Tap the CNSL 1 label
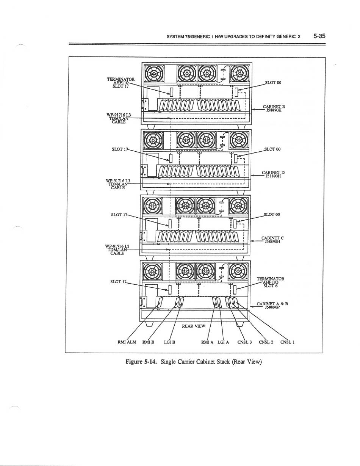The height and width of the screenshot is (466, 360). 288,341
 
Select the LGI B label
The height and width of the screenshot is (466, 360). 169,341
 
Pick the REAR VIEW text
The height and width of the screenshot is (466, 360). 193,326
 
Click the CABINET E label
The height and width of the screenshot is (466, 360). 274,107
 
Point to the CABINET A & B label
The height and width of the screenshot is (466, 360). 272,304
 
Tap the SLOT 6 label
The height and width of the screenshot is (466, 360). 271,286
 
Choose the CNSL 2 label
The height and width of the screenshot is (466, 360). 266,341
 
